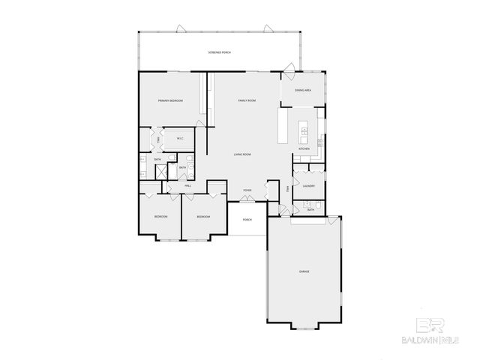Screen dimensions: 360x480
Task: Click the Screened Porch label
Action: coord(220,52)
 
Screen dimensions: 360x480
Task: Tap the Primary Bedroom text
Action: coord(169,100)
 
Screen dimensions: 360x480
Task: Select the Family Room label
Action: coord(247,100)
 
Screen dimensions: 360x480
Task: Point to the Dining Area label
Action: coord(303,90)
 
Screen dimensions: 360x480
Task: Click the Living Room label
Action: coord(241,154)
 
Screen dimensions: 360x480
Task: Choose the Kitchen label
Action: coord(304,149)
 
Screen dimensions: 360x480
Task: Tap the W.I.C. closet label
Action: coord(181,138)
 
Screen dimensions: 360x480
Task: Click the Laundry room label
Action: coord(308,186)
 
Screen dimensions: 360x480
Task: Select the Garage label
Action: coord(304,271)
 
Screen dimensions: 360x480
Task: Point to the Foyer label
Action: coord(247,191)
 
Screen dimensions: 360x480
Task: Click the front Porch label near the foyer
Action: coord(247,220)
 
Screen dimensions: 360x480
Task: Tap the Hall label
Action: coord(187,184)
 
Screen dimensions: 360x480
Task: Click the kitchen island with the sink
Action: coord(304,132)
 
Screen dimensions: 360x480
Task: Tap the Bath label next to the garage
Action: coord(310,210)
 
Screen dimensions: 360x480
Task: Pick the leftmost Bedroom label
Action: coord(160,217)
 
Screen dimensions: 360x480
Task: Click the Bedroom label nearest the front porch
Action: coord(202,217)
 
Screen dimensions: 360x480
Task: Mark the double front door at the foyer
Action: coord(247,202)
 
